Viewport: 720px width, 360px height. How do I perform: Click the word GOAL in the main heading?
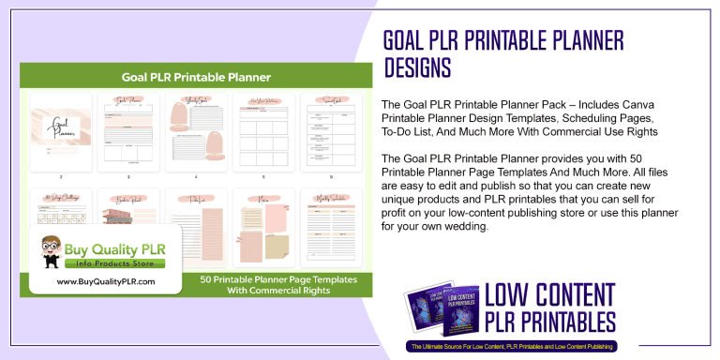(x=411, y=41)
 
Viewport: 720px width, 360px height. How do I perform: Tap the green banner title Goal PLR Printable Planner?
(x=196, y=77)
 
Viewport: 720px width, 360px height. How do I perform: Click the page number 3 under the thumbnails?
(x=128, y=176)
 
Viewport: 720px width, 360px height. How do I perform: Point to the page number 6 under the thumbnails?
(x=331, y=176)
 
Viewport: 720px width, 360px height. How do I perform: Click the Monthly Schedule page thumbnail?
(x=331, y=229)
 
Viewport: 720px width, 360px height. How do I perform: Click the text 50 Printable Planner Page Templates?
(x=266, y=278)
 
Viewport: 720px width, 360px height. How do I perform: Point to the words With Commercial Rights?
(x=266, y=291)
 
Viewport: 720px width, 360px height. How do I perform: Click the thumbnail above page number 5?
(x=263, y=130)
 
